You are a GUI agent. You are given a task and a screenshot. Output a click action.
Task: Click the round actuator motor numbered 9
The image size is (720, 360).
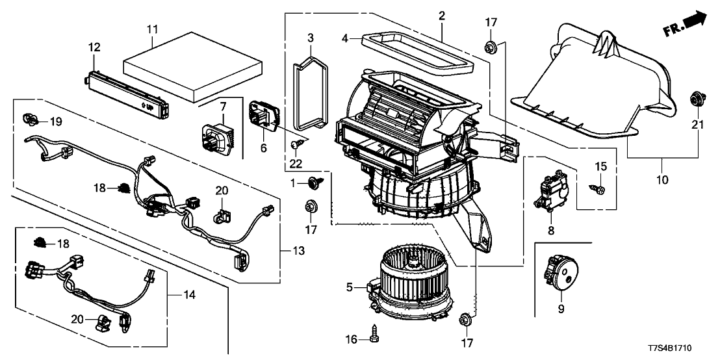pos(561,272)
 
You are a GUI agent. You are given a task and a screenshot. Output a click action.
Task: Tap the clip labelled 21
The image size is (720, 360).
pos(695,100)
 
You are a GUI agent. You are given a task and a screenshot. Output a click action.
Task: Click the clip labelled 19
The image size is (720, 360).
pos(30,118)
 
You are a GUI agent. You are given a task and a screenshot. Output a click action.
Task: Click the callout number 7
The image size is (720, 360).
pos(222,105)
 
